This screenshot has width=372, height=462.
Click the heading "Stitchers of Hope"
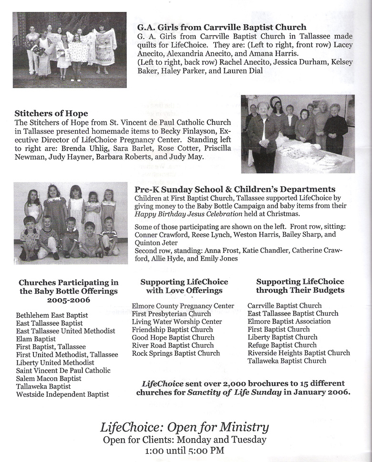pyautogui.click(x=51, y=114)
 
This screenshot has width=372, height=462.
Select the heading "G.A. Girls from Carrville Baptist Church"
pyautogui.click(x=221, y=27)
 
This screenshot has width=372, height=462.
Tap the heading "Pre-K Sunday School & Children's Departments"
pyautogui.click(x=235, y=189)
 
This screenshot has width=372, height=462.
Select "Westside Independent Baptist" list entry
pyautogui.click(x=62, y=394)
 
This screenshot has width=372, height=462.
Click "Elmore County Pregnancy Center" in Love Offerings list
pyautogui.click(x=183, y=306)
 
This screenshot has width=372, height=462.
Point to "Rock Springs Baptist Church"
pyautogui.click(x=176, y=353)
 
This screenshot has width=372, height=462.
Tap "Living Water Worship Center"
pyautogui.click(x=177, y=321)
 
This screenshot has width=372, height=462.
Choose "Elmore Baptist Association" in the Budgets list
pyautogui.click(x=289, y=321)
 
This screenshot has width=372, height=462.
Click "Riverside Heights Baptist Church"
pyautogui.click(x=299, y=353)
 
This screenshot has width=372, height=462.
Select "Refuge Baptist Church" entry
pyautogui.click(x=282, y=345)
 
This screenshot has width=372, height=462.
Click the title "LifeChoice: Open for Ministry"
pyautogui.click(x=185, y=427)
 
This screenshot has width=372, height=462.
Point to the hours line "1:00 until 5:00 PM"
pyautogui.click(x=185, y=451)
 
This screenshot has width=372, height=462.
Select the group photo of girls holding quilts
pyautogui.click(x=70, y=50)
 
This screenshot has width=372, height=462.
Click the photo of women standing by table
pyautogui.click(x=297, y=133)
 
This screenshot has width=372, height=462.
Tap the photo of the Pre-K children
pyautogui.click(x=71, y=223)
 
